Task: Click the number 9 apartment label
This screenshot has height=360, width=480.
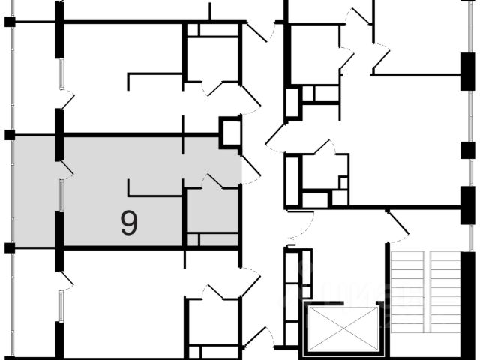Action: point(129,223)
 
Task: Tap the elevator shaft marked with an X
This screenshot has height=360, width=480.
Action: point(340,328)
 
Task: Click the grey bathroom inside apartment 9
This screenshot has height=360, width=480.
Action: point(211,211)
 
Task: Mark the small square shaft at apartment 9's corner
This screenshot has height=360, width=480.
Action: point(229,132)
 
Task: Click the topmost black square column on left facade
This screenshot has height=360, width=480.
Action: point(10,21)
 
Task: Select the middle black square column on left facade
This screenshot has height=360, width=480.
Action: point(10,135)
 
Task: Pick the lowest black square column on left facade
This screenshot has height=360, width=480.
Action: point(10,247)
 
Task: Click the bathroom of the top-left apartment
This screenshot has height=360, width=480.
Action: point(212,56)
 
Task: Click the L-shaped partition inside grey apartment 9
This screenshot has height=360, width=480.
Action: point(154,191)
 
